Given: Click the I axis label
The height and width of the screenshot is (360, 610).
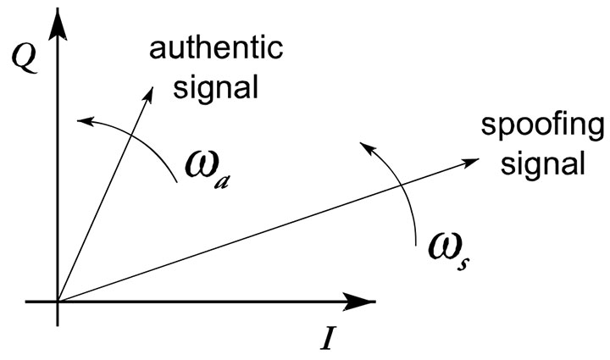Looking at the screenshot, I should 330,337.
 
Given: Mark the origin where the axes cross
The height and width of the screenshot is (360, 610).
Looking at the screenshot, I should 58,301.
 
